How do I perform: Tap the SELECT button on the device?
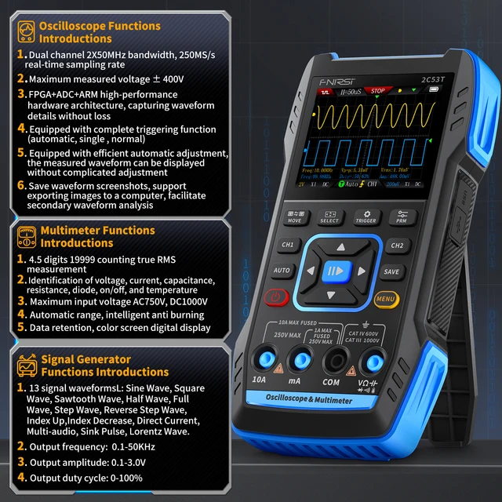[330, 216]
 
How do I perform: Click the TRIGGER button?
[366, 216]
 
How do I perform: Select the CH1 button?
[289, 245]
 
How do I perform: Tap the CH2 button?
[395, 245]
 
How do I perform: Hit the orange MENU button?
[384, 298]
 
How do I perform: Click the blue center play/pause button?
[333, 272]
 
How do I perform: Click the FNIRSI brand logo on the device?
[336, 79]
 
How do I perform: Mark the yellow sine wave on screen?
[369, 118]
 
